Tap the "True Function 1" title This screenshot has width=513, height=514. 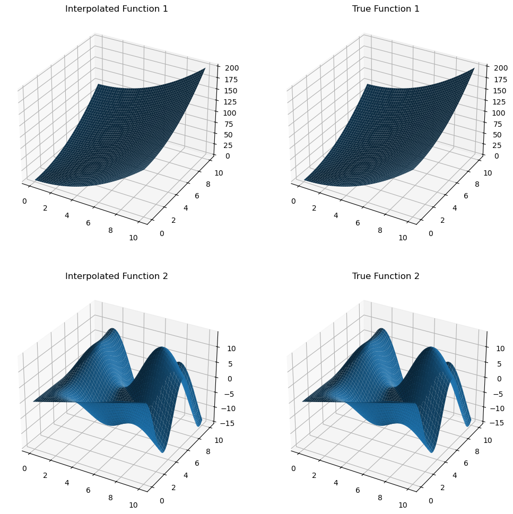coord(386,9)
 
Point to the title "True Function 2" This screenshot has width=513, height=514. coord(386,276)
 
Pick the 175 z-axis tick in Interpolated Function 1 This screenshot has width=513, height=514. coord(226,80)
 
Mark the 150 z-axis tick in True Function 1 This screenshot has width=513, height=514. coord(495,91)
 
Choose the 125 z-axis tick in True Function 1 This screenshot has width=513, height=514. coord(495,102)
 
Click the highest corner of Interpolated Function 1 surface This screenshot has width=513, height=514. coord(205,68)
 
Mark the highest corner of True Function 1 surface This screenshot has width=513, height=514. coord(474,68)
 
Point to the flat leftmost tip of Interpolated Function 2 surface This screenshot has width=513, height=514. coord(33,402)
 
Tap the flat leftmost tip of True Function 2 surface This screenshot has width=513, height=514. coord(303,402)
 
